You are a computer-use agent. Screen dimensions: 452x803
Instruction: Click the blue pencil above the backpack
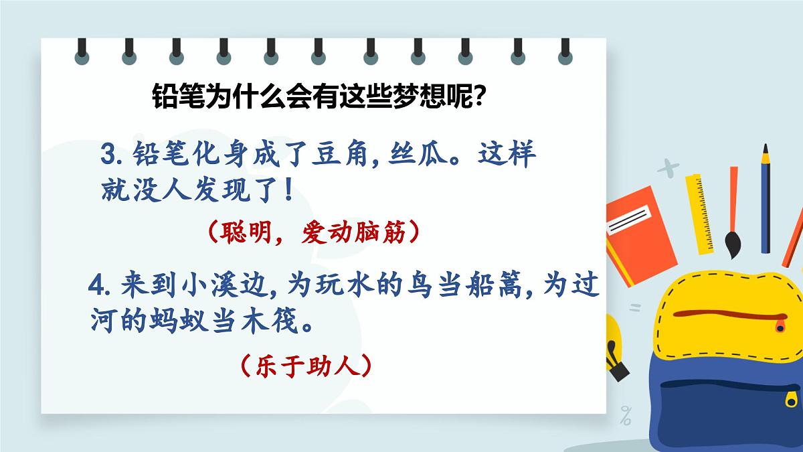[x=766, y=201]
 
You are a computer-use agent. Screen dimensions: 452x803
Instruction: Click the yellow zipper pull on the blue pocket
[x=796, y=399]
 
